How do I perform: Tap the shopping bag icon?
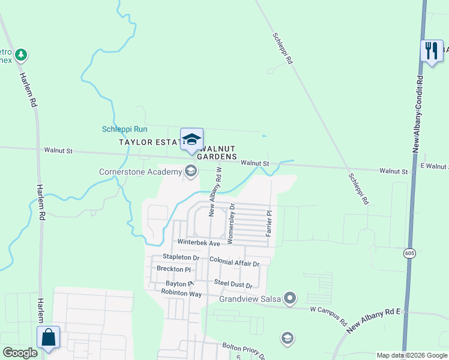pos(48,337)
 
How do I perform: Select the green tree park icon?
pos(22,55)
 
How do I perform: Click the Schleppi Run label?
pos(124,129)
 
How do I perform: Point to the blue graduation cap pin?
pos(192,140)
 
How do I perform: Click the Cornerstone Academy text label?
pos(140,172)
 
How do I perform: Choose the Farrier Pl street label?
pos(270,221)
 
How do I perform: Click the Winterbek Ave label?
pos(198,242)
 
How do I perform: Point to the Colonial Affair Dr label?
pos(234,263)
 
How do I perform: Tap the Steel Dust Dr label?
pos(233,285)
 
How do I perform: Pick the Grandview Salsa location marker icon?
pos(291,298)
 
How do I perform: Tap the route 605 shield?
pos(409,253)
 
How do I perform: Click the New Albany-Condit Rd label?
pos(419,113)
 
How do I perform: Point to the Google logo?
pos(20,353)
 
